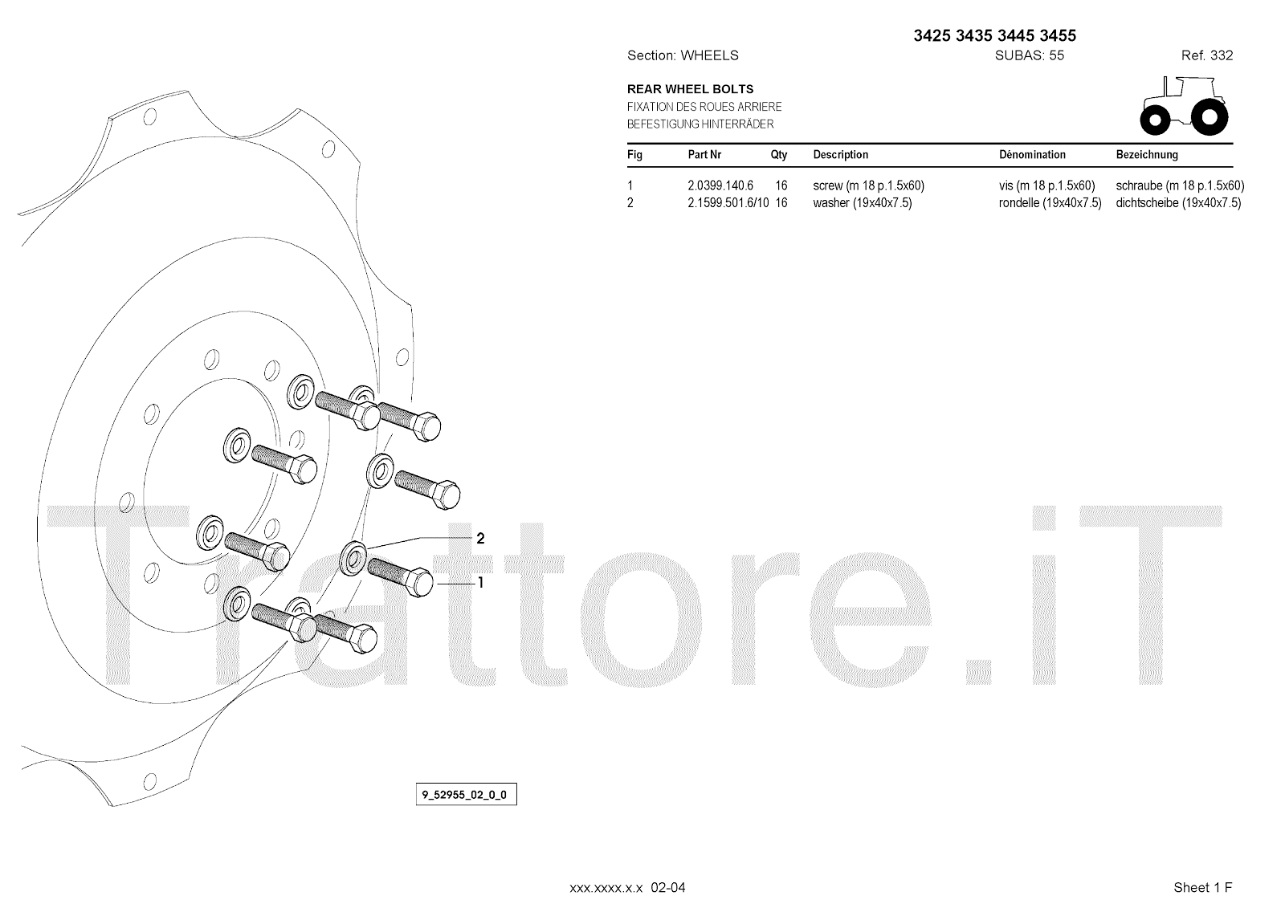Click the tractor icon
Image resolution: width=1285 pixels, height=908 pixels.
pyautogui.click(x=1183, y=106)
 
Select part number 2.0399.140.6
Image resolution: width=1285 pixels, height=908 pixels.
pyautogui.click(x=720, y=185)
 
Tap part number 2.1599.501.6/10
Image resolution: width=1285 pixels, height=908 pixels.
pyautogui.click(x=728, y=203)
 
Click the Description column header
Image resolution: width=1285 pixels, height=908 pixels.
pyautogui.click(x=840, y=155)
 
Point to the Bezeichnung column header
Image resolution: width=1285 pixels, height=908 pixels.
pyautogui.click(x=1147, y=155)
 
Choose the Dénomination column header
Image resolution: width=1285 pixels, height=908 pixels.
pyautogui.click(x=1032, y=155)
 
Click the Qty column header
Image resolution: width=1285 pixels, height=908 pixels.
pyautogui.click(x=778, y=155)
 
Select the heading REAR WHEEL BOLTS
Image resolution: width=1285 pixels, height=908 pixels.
pyautogui.click(x=690, y=89)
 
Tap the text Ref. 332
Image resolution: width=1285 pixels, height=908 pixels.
pyautogui.click(x=1206, y=55)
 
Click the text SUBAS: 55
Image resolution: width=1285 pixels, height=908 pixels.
pyautogui.click(x=1029, y=55)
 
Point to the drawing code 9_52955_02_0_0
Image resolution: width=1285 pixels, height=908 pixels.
pyautogui.click(x=465, y=796)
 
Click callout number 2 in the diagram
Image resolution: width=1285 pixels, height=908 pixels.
pyautogui.click(x=480, y=539)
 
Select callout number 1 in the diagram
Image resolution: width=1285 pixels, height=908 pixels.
pyautogui.click(x=480, y=583)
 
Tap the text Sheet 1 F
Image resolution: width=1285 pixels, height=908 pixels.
pyautogui.click(x=1202, y=887)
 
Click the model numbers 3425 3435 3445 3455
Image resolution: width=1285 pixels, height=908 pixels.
pyautogui.click(x=994, y=35)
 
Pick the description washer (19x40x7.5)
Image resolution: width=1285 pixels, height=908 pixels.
pyautogui.click(x=862, y=203)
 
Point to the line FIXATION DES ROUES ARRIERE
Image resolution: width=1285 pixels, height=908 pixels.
pyautogui.click(x=704, y=107)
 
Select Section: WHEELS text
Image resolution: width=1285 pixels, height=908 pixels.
pyautogui.click(x=682, y=55)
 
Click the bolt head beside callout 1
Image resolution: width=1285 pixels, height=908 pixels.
pyautogui.click(x=422, y=582)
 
